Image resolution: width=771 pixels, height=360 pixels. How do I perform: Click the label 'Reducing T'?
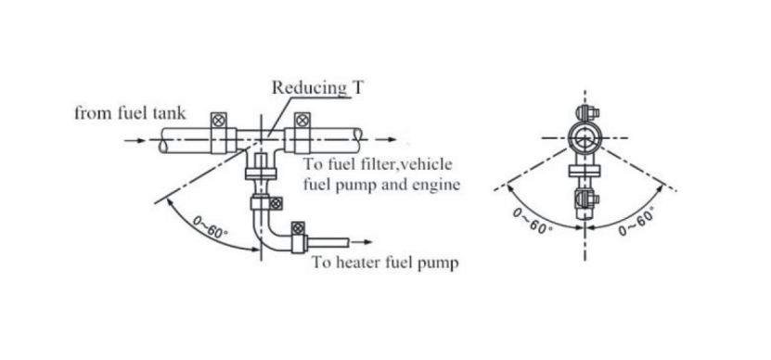tap(311, 89)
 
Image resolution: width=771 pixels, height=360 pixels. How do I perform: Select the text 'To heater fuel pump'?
tap(384, 263)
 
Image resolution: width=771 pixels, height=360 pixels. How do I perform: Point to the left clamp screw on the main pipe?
tap(220, 120)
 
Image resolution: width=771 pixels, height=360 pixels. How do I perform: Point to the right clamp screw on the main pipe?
tap(302, 120)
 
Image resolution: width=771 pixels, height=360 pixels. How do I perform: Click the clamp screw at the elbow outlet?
tap(298, 228)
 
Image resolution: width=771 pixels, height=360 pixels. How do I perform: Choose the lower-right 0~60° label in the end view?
tap(638, 223)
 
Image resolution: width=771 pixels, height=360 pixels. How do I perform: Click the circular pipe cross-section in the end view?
tap(585, 141)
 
